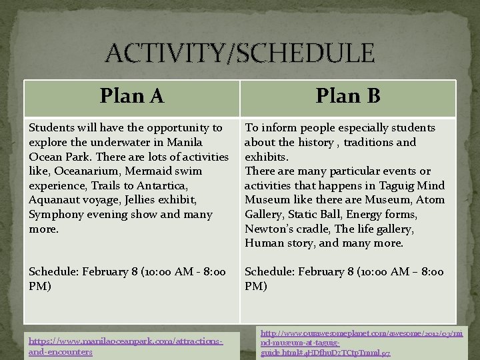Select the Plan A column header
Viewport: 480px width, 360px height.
(132, 96)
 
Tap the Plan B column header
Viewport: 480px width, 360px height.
(347, 96)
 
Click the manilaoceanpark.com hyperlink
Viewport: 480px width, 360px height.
(125, 346)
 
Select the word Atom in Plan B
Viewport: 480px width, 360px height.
(432, 200)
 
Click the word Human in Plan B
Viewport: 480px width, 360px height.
(263, 243)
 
